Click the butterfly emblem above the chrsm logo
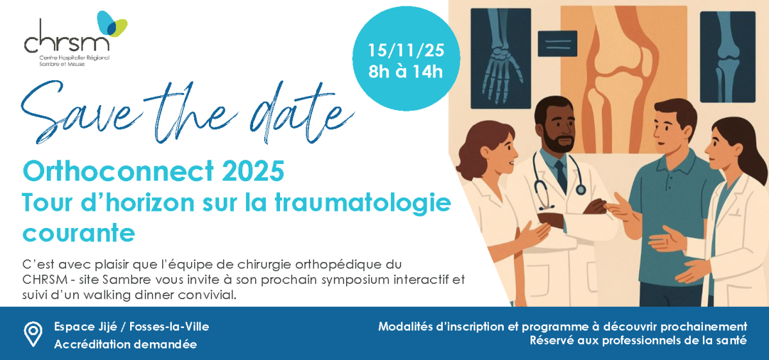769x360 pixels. (112, 24)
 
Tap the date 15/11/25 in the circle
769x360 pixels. (406, 51)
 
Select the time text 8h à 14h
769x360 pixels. (406, 72)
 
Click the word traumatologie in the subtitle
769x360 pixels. (363, 203)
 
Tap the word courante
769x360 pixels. (79, 233)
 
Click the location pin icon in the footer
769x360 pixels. (33, 334)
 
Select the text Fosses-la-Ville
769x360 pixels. (169, 326)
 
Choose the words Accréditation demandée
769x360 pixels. (126, 344)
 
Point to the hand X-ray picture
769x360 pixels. (500, 58)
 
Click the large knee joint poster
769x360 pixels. (624, 79)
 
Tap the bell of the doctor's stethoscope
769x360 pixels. (581, 189)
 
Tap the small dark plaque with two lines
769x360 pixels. (558, 44)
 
